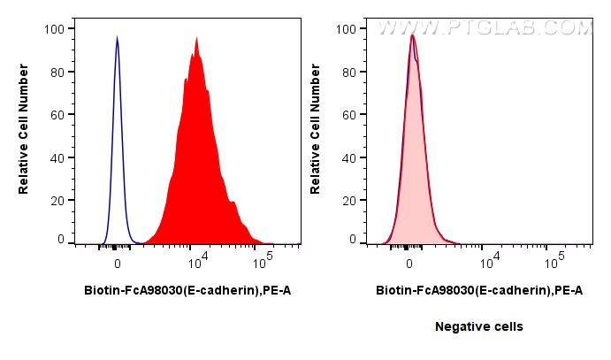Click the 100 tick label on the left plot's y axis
tap(55, 29)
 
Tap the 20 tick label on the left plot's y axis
tap(57, 200)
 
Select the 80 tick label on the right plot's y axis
tap(349, 73)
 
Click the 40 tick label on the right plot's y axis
tap(349, 157)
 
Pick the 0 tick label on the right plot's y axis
tap(353, 240)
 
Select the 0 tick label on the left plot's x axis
tap(117, 264)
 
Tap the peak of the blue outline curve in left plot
tap(117, 38)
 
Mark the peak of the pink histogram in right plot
tap(412, 36)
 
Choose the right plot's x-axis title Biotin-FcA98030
tap(478, 289)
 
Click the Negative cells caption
tap(478, 326)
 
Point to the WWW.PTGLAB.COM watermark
tap(485, 28)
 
